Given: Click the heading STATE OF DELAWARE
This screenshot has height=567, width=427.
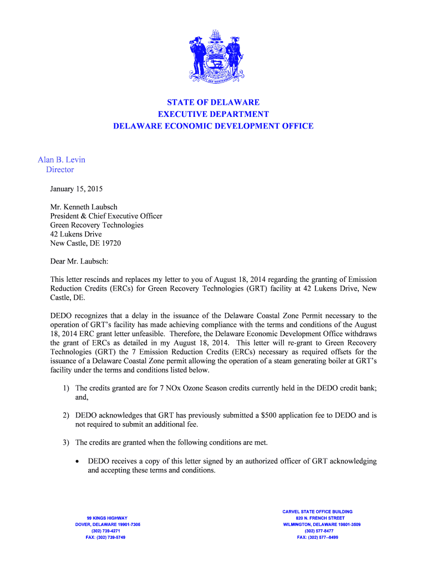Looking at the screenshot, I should pos(213,102).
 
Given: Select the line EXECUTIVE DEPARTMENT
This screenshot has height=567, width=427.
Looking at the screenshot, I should pos(213,114).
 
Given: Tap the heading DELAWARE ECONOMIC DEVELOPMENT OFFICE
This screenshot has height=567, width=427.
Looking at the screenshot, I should pos(213,126).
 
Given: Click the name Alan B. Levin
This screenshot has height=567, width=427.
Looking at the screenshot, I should pos(62,159).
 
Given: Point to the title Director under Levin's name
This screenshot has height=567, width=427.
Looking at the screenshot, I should pos(60,169).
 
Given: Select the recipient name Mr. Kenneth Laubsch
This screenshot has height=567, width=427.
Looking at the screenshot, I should pos(84,207).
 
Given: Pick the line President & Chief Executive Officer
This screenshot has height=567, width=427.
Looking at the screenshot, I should pos(106,216).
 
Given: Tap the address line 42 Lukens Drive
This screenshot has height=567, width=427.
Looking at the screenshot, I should pos(76,234).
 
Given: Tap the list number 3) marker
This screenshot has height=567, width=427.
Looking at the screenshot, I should pos(65,442).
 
